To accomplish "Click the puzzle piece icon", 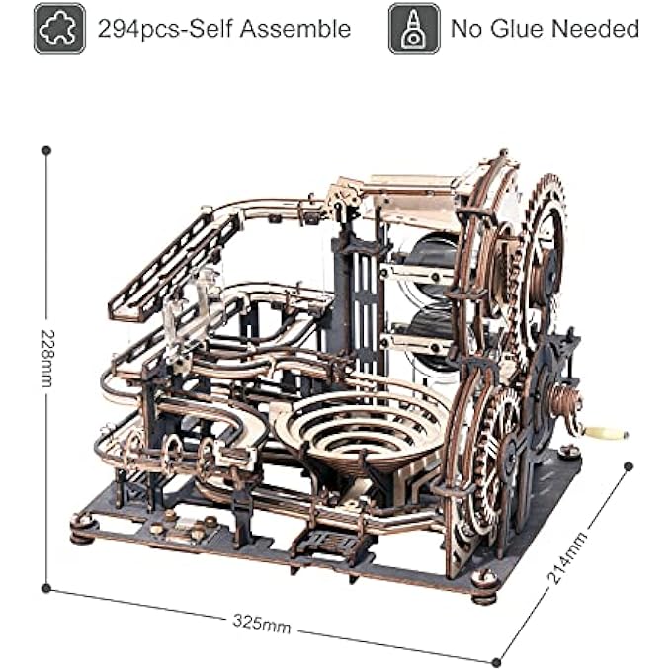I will click(59, 29).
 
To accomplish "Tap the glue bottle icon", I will click(414, 29).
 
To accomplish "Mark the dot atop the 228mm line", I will click(46, 150).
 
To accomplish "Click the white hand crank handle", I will click(606, 433).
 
